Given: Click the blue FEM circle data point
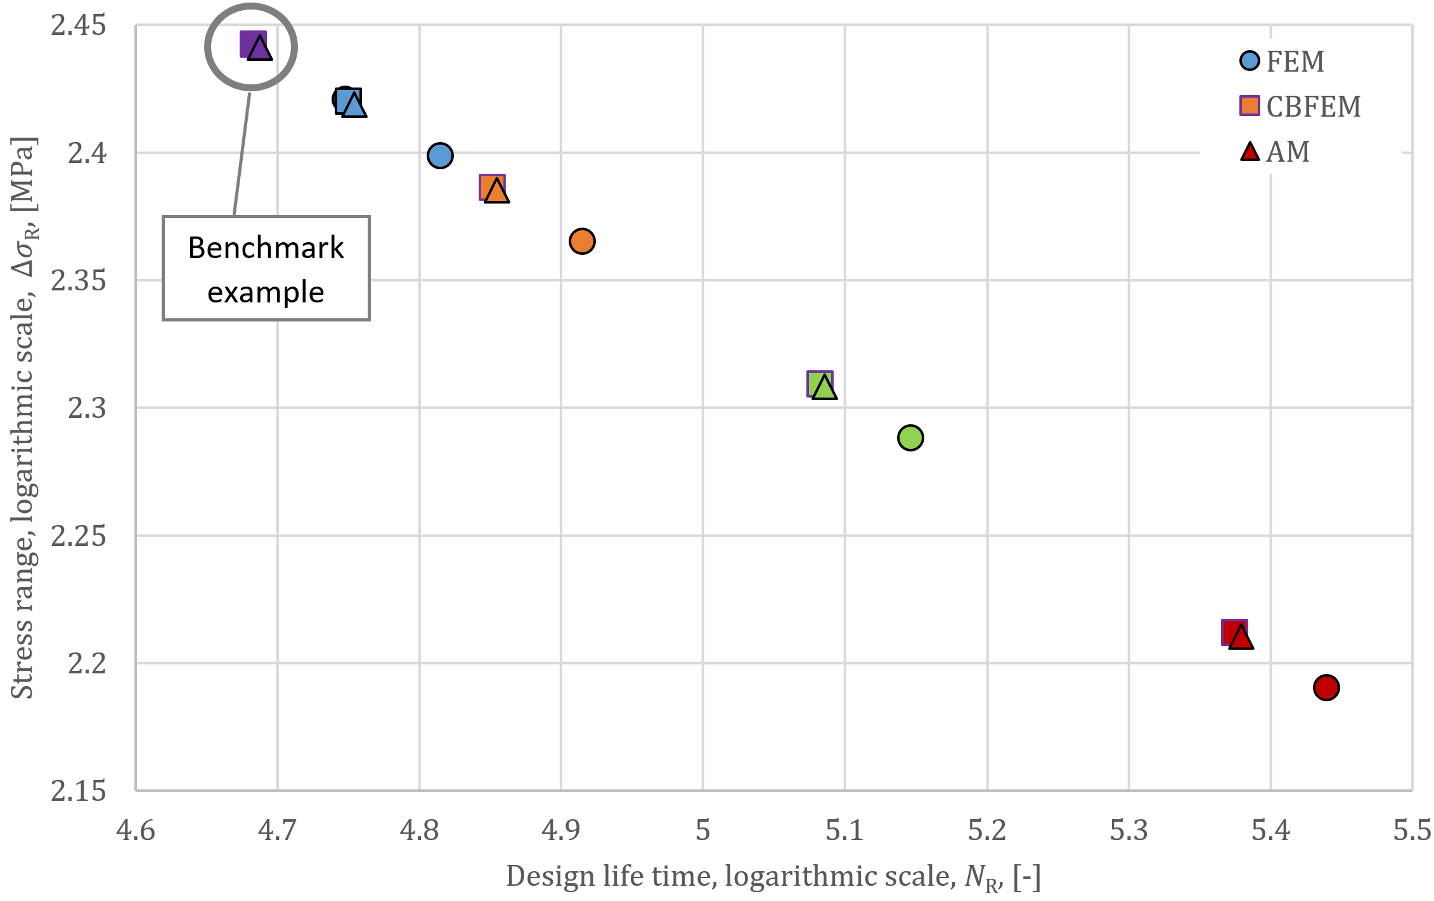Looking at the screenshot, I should tap(440, 155).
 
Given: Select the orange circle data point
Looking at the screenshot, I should tap(581, 241).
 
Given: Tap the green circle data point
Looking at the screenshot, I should tap(910, 438).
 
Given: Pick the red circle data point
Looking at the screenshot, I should tap(1326, 687).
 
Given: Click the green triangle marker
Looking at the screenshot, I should tap(824, 387).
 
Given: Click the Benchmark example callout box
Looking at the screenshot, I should tap(266, 269).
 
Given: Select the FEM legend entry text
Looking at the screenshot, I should tap(1295, 62).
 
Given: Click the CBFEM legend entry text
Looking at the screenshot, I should tap(1313, 107).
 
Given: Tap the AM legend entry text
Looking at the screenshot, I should tap(1288, 152).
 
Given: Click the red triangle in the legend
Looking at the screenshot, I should tap(1250, 152).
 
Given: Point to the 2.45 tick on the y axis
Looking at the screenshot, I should tap(79, 26).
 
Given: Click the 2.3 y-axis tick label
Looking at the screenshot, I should tap(87, 408).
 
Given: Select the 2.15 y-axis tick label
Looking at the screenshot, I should tap(79, 791).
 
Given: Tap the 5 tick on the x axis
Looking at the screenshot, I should tap(702, 831).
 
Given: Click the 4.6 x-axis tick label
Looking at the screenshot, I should tap(136, 831).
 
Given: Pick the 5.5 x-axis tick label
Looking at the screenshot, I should tap(1412, 831).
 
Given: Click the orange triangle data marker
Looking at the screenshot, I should tap(496, 191).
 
